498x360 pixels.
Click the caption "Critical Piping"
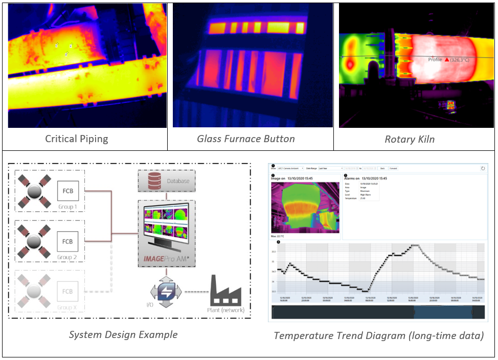click(x=77, y=139)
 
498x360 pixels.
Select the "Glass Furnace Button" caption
click(x=246, y=139)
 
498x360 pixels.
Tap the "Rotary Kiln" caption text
click(x=410, y=139)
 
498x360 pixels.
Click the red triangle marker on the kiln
click(x=446, y=60)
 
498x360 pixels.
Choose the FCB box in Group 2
click(x=67, y=241)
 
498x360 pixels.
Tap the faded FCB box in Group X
click(x=67, y=291)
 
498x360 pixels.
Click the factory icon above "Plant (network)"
click(x=225, y=291)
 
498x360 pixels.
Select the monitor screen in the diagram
click(x=167, y=225)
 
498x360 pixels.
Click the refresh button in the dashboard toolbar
click(x=483, y=168)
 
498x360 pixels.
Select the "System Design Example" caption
click(x=123, y=335)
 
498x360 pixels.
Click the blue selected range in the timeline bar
click(x=442, y=312)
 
